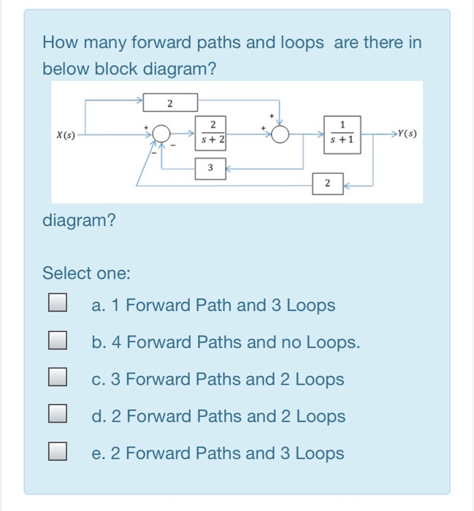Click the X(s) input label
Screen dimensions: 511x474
click(66, 135)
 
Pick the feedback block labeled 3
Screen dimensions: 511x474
click(210, 169)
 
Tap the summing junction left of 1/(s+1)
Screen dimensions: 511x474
click(280, 135)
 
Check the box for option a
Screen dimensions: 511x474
click(58, 304)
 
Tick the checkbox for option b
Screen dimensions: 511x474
click(58, 342)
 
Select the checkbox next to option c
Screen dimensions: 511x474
click(58, 379)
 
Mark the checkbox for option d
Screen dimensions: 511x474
click(58, 416)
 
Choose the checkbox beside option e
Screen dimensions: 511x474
click(58, 453)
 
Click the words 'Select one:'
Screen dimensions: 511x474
click(86, 274)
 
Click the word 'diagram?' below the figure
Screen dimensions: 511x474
click(79, 220)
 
